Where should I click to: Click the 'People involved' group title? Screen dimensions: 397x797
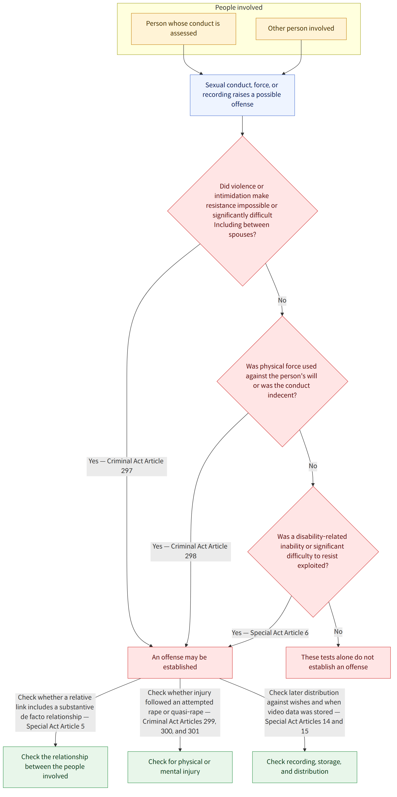pyautogui.click(x=239, y=7)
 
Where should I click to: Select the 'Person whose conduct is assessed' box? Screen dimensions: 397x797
pyautogui.click(x=184, y=29)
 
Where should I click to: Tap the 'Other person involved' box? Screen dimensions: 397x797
pyautogui.click(x=301, y=29)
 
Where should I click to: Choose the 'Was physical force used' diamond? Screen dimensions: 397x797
pyautogui.click(x=282, y=381)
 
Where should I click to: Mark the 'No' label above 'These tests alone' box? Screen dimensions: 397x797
pyautogui.click(x=338, y=632)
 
